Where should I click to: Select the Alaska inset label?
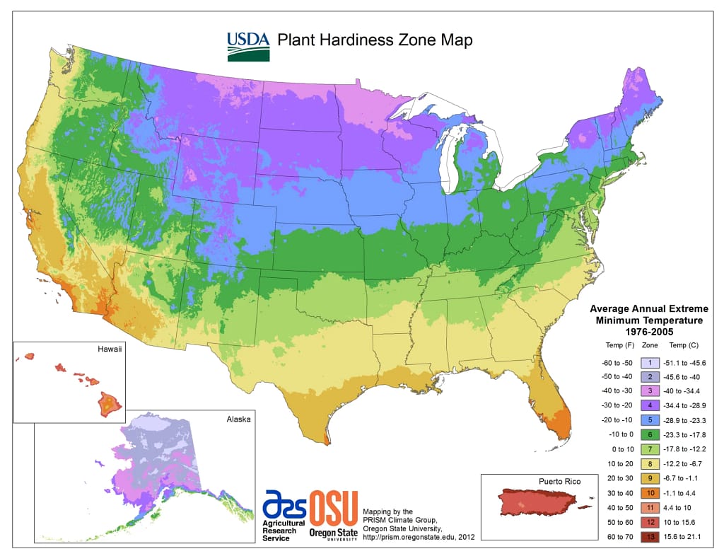[x=238, y=419]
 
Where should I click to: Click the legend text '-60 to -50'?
[x=612, y=362]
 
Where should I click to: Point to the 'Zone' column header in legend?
[x=649, y=346]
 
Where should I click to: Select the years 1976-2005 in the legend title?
[x=649, y=331]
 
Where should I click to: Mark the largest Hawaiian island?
[x=110, y=404]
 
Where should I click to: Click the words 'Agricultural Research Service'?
[x=284, y=530]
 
